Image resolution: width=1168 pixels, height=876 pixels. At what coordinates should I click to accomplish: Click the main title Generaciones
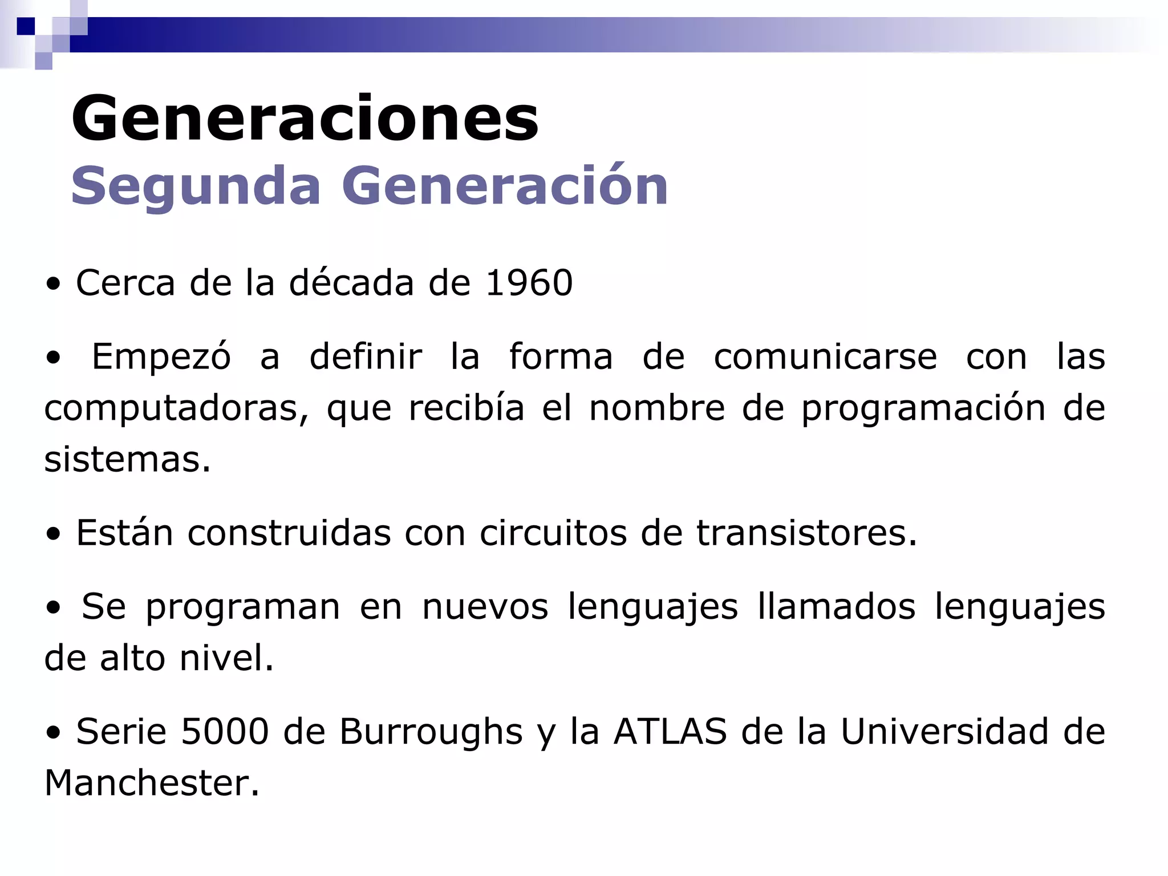[x=305, y=119]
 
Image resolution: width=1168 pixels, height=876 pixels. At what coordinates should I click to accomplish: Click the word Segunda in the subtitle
[x=196, y=186]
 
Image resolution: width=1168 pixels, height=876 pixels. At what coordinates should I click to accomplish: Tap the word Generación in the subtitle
[x=505, y=186]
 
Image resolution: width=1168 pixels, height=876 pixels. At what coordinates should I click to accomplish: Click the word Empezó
[x=161, y=356]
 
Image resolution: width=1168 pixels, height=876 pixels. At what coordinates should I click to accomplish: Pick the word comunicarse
[x=825, y=356]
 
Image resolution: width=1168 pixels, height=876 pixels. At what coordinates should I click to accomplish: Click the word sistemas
[x=127, y=459]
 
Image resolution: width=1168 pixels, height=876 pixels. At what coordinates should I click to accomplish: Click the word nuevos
[x=485, y=606]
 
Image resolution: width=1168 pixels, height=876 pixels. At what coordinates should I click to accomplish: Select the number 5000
[x=224, y=732]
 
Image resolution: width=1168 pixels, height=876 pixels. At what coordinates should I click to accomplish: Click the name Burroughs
[x=431, y=732]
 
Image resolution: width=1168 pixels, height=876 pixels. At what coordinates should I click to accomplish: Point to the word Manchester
[x=152, y=783]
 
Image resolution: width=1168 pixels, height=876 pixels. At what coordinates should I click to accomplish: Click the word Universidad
[x=944, y=732]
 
